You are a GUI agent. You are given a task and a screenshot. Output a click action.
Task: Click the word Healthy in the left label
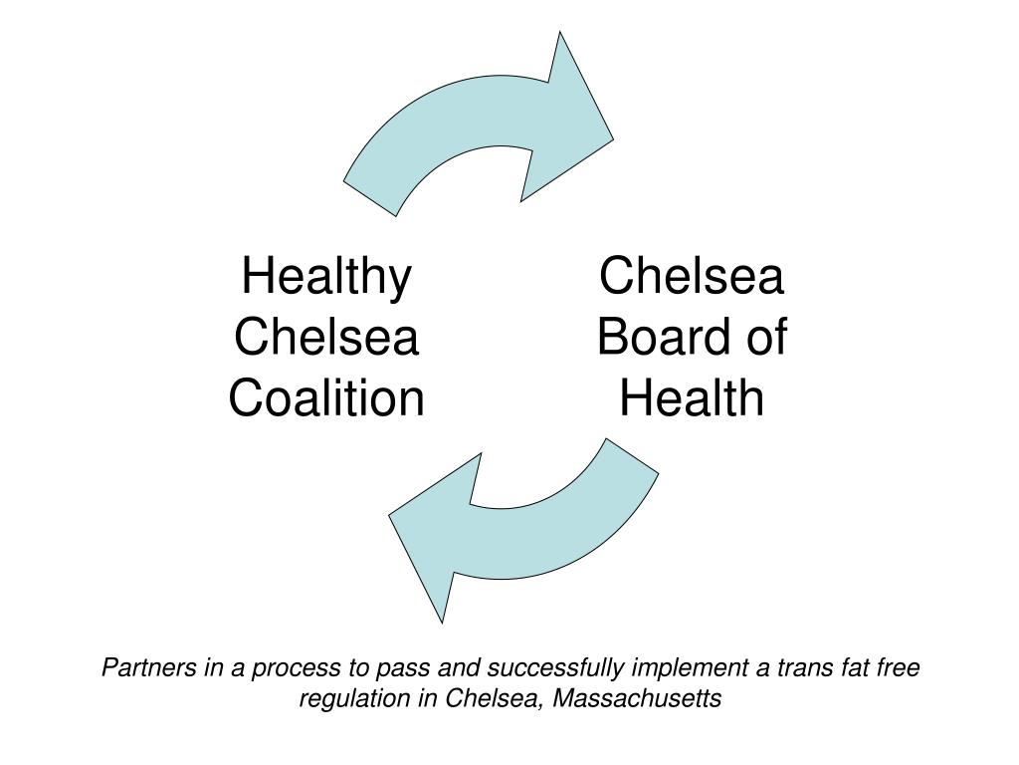[325, 277]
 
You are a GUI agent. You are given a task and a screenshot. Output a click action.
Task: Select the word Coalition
[326, 399]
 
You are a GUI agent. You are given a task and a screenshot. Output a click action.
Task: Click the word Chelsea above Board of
[692, 277]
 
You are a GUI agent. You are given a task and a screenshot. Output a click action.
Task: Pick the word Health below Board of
[692, 399]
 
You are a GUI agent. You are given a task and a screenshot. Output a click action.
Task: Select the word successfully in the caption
[564, 668]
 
